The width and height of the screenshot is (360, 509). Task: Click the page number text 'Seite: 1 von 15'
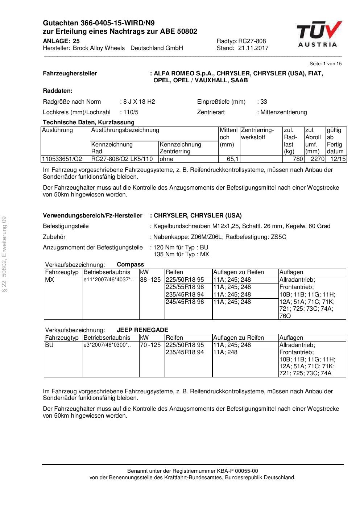(325, 64)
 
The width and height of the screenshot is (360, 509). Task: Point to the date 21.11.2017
(253, 48)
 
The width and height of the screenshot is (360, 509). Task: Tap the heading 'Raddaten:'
(58, 91)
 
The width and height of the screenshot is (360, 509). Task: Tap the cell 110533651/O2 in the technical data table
(62, 159)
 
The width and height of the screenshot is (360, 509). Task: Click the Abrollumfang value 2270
(317, 159)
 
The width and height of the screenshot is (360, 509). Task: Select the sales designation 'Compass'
(131, 265)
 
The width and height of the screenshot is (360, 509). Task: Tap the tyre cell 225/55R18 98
(185, 287)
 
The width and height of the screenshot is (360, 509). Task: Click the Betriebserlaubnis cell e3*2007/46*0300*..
(106, 345)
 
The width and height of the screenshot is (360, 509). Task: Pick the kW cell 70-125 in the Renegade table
(150, 345)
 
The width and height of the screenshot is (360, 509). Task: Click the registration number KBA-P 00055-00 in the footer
(236, 471)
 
